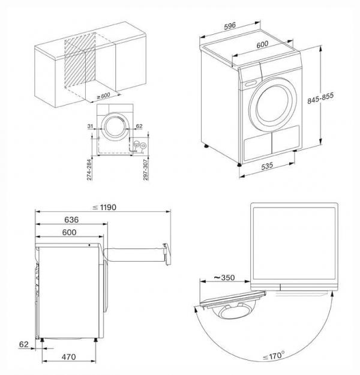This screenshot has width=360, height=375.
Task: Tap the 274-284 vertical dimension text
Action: (88, 170)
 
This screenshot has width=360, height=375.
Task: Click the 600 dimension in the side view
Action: (70, 231)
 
